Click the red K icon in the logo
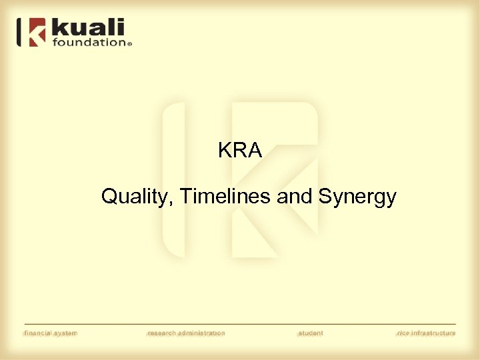[37, 32]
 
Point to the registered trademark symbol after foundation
[129, 44]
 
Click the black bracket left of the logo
[19, 32]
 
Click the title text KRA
[240, 151]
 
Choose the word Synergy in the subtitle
[357, 197]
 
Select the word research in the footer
[163, 333]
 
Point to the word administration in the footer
[203, 333]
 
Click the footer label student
[310, 333]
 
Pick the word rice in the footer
[403, 333]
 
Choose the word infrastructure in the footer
[433, 333]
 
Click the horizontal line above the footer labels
[240, 325]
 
